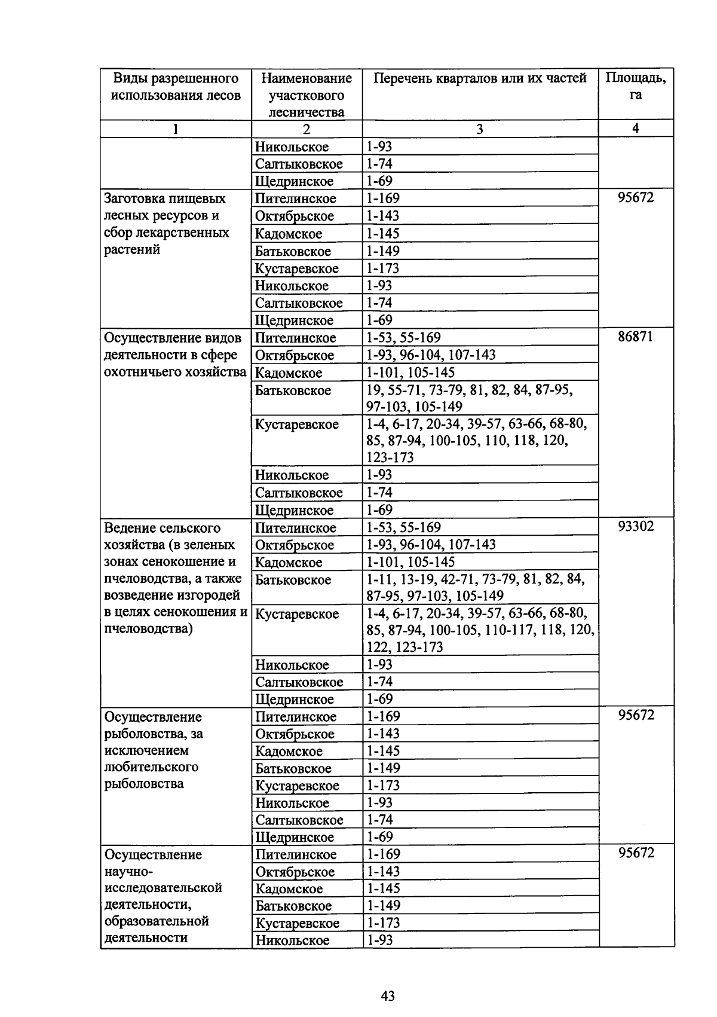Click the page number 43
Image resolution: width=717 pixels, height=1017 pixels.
click(x=387, y=995)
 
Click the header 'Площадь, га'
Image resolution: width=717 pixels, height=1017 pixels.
click(x=636, y=87)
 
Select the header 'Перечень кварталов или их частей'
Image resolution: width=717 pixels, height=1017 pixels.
click(x=480, y=78)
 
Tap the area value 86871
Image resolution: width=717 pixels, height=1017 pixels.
click(x=636, y=337)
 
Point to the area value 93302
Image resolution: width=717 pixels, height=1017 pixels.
click(x=636, y=526)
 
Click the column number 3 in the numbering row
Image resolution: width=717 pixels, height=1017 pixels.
click(x=480, y=129)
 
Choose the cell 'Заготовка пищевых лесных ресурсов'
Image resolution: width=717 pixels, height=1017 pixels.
click(x=166, y=224)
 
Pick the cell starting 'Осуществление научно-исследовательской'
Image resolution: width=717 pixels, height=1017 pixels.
click(x=163, y=896)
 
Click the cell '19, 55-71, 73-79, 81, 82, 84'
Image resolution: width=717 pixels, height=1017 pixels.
click(x=470, y=398)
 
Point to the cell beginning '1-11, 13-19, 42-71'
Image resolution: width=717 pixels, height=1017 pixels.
click(x=474, y=587)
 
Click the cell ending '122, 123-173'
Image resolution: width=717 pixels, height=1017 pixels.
click(x=480, y=630)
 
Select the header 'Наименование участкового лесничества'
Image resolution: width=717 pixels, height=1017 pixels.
click(x=307, y=95)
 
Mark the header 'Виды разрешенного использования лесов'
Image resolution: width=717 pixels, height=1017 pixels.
click(x=176, y=87)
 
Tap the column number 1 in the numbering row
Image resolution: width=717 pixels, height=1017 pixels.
click(x=176, y=129)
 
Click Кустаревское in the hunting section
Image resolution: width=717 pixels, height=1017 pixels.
click(x=296, y=424)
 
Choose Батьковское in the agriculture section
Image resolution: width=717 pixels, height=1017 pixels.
click(x=293, y=579)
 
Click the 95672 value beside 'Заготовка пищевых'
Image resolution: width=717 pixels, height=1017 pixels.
click(x=636, y=197)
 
